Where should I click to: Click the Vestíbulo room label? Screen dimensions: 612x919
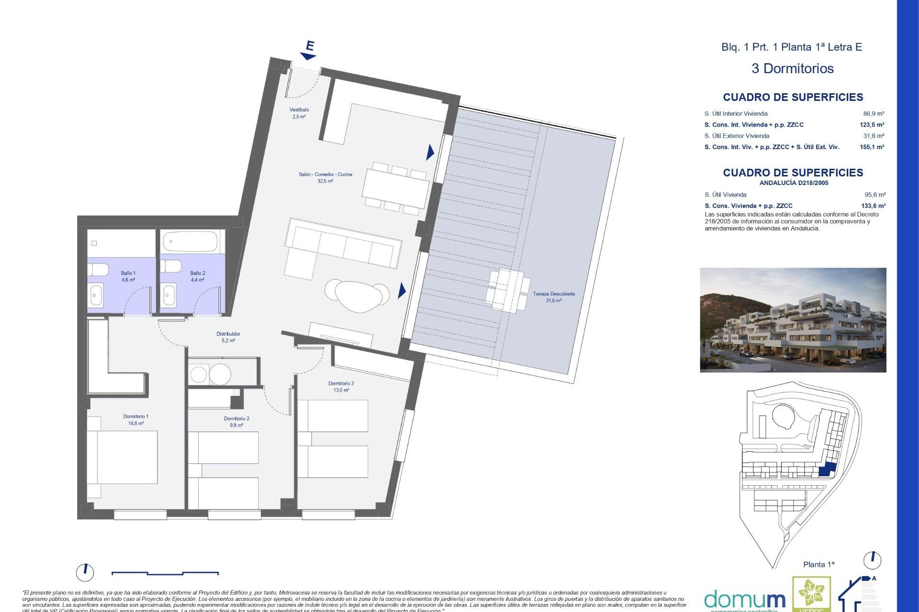pos(299,113)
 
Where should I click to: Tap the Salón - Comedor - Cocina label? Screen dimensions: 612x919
pos(325,177)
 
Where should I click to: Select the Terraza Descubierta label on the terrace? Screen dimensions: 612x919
pos(554,297)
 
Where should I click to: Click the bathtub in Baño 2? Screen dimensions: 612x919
pos(191,242)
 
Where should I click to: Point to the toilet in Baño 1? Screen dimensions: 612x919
pos(99,270)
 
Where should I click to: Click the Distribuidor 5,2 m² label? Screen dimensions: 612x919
pos(228,337)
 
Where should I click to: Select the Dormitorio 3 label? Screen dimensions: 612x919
pos(341,386)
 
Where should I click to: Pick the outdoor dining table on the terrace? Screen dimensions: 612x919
pos(507,290)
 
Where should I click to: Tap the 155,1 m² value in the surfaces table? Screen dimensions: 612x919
pos(872,147)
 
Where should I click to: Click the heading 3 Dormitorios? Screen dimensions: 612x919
pos(792,68)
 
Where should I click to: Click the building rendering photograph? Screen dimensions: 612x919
pos(793,320)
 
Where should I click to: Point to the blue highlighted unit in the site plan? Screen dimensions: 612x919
pos(827,470)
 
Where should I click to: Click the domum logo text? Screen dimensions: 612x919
pos(744,600)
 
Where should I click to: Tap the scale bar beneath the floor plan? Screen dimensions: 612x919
pos(165,573)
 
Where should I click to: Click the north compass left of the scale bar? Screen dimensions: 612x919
pos(85,572)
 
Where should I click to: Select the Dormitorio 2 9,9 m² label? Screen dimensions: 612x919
pos(236,422)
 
